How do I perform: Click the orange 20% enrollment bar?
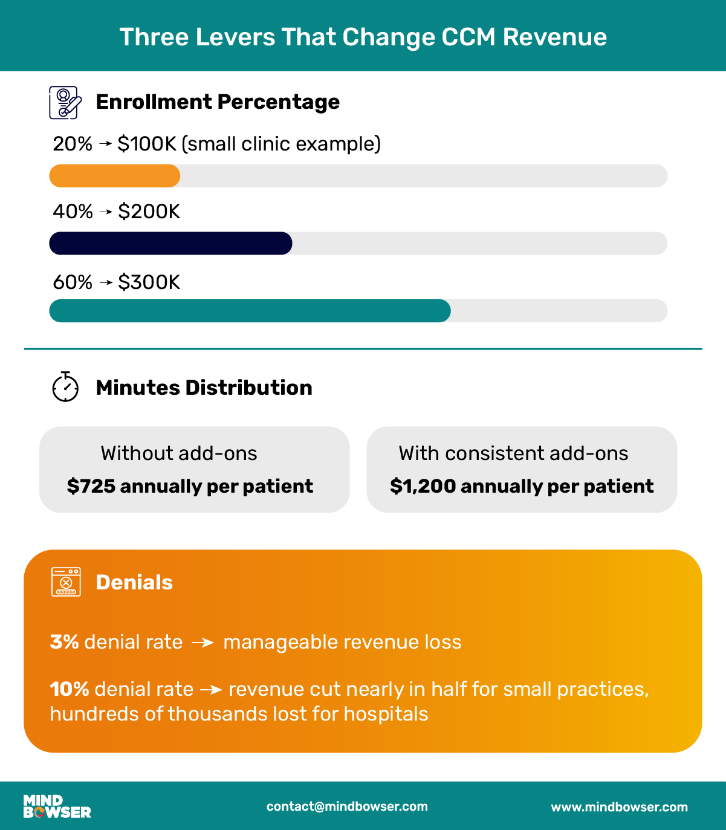[115, 176]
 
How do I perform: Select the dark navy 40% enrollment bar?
[170, 243]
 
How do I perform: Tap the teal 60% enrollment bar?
[250, 311]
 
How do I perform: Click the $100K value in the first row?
[147, 144]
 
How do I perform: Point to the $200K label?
[149, 212]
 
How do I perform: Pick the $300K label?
[149, 282]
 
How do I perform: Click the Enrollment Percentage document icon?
[65, 102]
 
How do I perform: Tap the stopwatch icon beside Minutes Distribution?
[65, 387]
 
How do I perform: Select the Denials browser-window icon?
[66, 582]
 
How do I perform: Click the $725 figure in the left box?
[91, 486]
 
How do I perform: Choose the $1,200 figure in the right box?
[423, 486]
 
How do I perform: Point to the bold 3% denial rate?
[65, 642]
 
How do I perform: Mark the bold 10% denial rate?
[70, 689]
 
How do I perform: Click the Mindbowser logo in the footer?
[57, 806]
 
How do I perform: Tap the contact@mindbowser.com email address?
[347, 806]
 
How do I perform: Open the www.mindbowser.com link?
[619, 807]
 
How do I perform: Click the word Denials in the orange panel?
[134, 582]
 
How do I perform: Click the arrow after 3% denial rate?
[203, 643]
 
